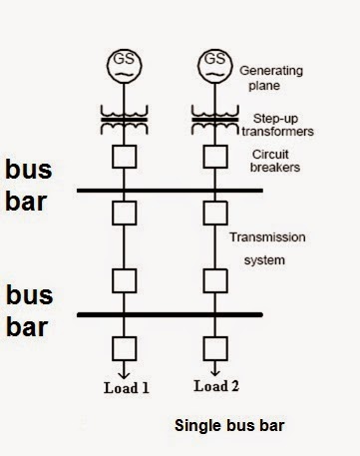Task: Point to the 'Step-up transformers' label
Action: tap(276, 124)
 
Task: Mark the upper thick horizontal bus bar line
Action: tap(189, 189)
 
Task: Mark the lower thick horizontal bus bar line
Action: tap(189, 314)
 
